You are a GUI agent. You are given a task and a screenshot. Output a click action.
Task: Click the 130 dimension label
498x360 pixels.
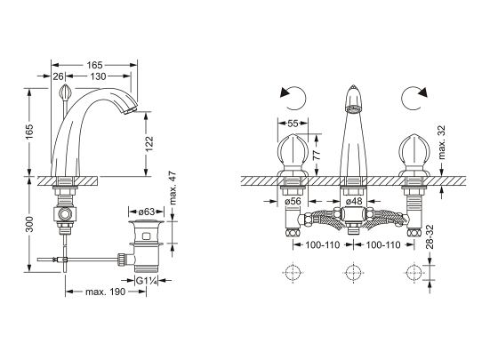98,76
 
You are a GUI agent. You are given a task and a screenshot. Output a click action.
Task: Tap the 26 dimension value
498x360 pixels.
58,76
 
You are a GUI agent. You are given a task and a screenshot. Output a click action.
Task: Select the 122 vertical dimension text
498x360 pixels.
149,144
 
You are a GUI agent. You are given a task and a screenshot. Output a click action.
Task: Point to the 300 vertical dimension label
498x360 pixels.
29,224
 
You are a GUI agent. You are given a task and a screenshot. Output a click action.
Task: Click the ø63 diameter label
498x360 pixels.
147,212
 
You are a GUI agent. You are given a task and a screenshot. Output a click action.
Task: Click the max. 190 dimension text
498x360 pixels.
106,292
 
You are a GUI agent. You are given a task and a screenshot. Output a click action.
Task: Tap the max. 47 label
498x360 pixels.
173,188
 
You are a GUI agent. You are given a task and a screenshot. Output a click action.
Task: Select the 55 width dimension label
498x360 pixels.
293,124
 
